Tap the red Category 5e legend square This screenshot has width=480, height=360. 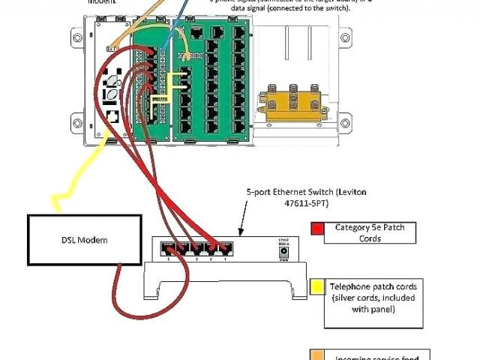[317, 229]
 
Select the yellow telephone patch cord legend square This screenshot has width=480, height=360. [317, 286]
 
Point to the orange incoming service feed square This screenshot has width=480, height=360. [317, 353]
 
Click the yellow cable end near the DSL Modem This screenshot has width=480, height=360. [54, 201]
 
